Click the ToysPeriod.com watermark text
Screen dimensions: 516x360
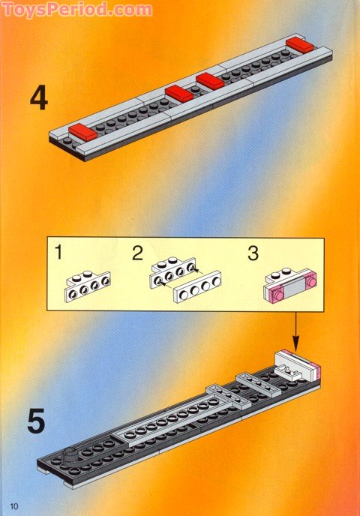click(76, 10)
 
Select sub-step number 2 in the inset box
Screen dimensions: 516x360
click(136, 253)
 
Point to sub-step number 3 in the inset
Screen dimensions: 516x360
click(253, 253)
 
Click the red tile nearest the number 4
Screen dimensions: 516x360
click(82, 134)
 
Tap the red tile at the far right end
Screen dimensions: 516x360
click(301, 45)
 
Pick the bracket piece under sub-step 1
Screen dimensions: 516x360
click(88, 285)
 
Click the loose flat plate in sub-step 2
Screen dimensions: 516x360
click(197, 286)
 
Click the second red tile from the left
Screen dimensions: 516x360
click(179, 93)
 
